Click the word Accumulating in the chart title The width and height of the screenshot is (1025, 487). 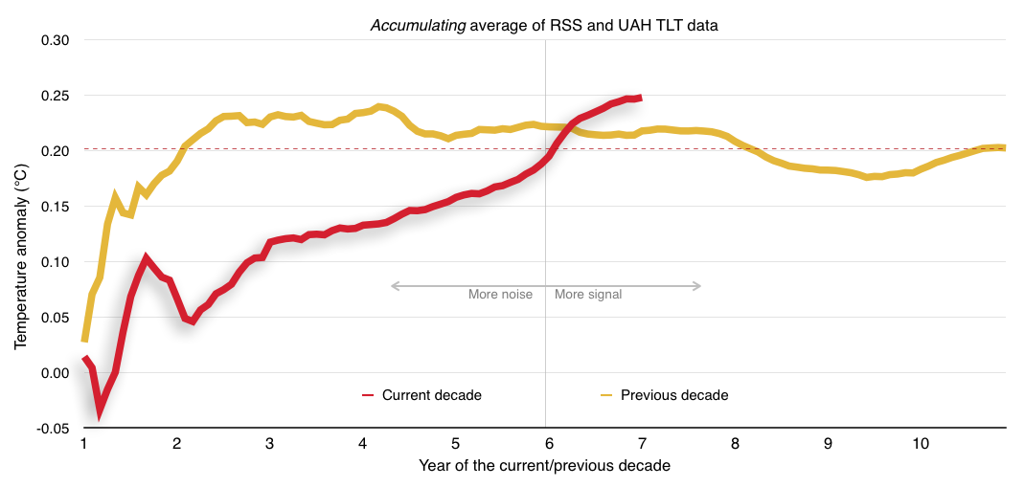[419, 27]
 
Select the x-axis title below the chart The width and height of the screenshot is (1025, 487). [544, 466]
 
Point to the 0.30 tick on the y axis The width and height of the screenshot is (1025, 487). [56, 40]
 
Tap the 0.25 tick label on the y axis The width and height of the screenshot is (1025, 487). [56, 96]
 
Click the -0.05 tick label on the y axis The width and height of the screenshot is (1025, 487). [54, 429]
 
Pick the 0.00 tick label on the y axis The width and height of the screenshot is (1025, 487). [56, 373]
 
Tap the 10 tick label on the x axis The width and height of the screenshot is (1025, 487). [920, 444]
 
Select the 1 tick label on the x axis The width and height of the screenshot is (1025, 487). [84, 444]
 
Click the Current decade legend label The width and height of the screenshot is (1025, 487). [431, 395]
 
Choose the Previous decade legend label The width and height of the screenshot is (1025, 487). [674, 395]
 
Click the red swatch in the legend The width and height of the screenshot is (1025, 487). [368, 395]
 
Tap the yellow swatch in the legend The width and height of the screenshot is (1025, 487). [606, 395]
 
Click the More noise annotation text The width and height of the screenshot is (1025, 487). [500, 295]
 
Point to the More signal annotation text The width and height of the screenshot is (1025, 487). [588, 295]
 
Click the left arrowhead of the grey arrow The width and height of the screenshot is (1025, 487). [393, 285]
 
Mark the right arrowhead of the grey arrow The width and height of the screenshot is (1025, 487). [698, 285]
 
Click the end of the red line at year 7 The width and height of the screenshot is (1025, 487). [639, 98]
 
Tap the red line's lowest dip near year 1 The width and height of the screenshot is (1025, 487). [99, 411]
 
